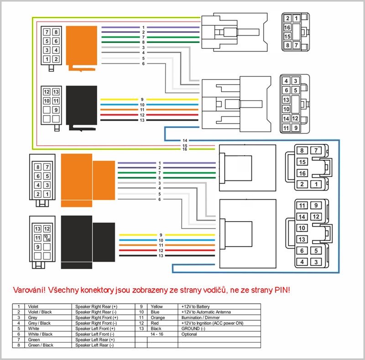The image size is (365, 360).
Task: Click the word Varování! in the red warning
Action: point(31,290)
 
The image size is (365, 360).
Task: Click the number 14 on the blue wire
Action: point(184,140)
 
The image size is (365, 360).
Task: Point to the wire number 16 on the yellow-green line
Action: point(184,149)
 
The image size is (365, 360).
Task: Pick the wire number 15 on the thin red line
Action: point(184,145)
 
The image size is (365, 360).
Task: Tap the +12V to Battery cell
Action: point(196,307)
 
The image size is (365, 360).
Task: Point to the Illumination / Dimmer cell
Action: point(200,318)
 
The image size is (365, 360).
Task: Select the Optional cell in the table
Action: point(189,334)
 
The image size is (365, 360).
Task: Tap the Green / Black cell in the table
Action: point(41,345)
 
